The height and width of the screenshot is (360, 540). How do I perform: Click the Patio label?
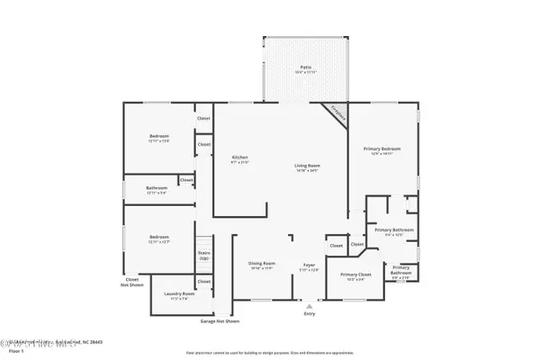click(304, 67)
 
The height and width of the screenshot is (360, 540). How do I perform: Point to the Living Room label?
click(308, 166)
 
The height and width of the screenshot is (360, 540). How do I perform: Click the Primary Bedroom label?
click(382, 148)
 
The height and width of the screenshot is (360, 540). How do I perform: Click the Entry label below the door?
click(310, 313)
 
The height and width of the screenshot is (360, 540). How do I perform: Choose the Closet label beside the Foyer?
click(336, 245)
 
